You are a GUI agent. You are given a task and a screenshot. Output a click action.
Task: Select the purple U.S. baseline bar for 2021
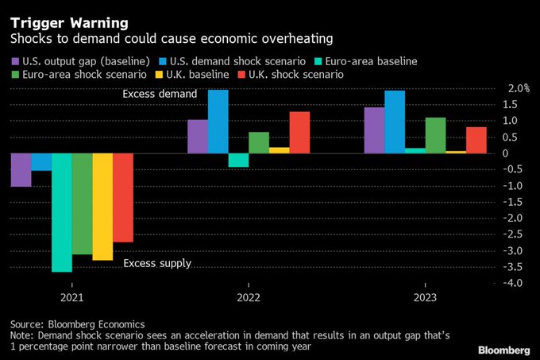21,170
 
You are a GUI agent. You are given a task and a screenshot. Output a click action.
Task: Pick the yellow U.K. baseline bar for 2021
102,207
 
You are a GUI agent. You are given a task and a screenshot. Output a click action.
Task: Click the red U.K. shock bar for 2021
123,197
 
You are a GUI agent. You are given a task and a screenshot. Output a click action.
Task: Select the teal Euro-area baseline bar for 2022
238,160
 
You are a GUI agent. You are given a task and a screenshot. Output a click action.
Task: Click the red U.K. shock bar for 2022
299,132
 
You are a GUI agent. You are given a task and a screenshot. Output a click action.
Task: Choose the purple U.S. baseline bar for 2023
374,130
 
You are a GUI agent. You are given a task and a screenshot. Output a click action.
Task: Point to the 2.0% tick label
516,87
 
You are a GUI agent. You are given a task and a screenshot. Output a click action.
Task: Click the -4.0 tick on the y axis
515,284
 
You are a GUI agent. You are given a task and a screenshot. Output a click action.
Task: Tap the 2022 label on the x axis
249,300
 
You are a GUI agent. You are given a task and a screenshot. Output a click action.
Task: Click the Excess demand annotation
159,95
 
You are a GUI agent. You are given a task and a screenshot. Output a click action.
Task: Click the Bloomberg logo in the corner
503,350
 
